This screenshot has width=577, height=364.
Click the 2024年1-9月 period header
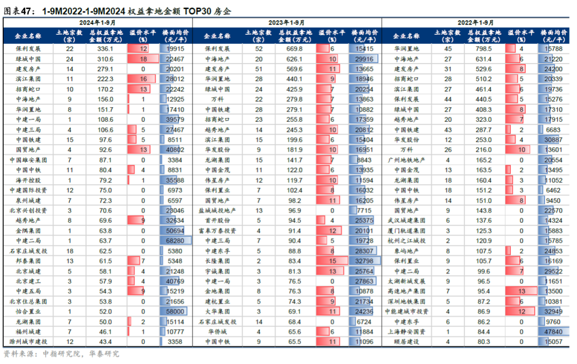pos(97,22)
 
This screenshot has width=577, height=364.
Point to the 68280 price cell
pos(175,241)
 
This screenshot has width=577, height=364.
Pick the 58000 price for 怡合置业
pos(175,311)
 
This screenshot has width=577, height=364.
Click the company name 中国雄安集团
pos(28,160)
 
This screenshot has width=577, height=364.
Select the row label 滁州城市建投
pos(28,342)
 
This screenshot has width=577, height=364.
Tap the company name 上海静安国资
pos(407,331)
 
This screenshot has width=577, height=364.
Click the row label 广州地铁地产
pos(407,160)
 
